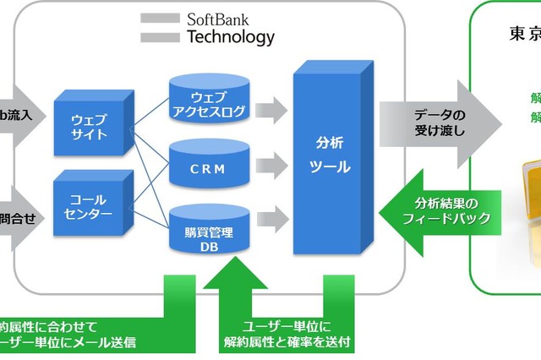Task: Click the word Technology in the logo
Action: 230,36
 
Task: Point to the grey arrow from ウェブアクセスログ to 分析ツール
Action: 271,108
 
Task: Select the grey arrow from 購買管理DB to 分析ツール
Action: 271,220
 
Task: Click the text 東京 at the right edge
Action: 524,34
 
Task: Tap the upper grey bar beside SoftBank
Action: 159,18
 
